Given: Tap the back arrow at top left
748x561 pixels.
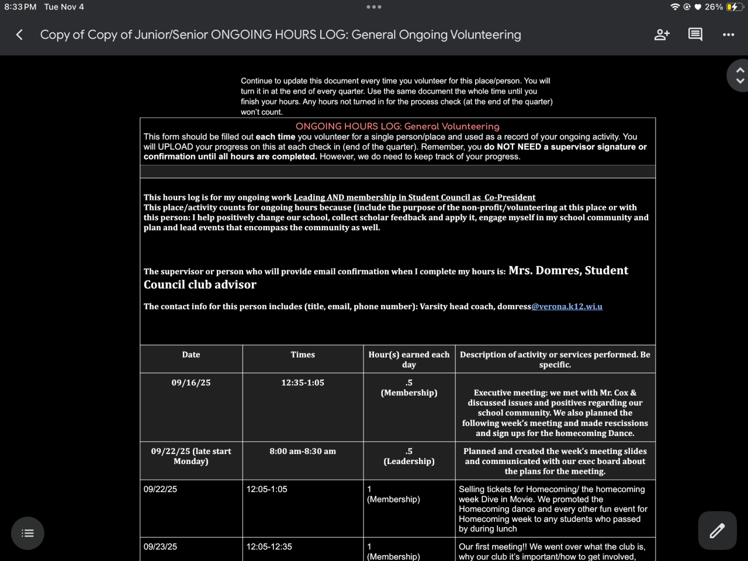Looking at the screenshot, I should coord(19,35).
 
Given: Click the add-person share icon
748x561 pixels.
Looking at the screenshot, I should coord(662,35).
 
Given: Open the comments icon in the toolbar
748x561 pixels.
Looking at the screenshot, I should coord(695,35).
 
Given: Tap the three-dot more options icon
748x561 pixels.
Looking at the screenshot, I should coord(728,35).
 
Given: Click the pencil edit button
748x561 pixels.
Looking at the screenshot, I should coord(717,531).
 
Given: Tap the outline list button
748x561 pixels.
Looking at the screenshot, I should coord(27,533).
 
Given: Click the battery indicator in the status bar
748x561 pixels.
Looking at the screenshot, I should coord(732,7).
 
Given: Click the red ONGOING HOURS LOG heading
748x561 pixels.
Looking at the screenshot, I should coord(397,126).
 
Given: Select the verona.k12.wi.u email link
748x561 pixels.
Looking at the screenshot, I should coord(567,306).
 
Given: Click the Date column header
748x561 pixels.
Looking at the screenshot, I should coord(191,355).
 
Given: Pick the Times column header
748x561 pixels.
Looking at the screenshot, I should coord(303,355).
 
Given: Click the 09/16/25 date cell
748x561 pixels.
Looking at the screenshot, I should coord(191,383).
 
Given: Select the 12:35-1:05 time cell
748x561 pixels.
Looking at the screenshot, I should coord(303,383).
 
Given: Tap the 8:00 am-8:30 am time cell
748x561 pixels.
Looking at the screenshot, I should coord(303,451).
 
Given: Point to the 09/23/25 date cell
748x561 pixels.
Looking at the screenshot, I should coord(161,547).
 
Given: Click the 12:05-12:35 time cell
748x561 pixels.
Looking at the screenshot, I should coord(269,547).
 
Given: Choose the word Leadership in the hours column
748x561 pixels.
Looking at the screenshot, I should coord(409,462).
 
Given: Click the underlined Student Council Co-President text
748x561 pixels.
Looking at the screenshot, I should coord(414,198).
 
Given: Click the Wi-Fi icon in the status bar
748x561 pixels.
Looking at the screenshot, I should coord(675,7).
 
